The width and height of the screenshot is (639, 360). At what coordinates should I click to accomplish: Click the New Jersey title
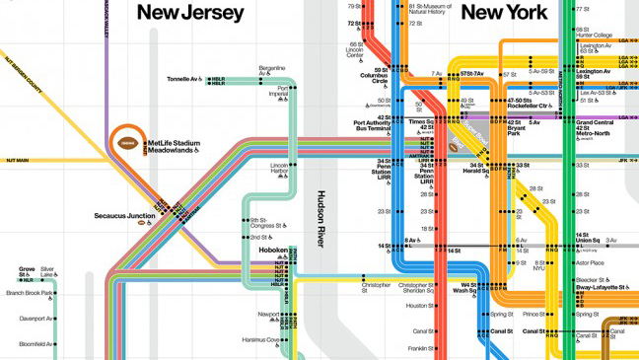pos(190,13)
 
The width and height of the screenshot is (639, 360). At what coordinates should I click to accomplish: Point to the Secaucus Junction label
pos(124,215)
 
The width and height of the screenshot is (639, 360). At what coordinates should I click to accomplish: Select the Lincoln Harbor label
pos(279,169)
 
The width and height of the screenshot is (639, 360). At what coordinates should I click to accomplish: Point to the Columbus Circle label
pos(374,77)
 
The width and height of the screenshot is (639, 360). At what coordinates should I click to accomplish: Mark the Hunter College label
pos(596,35)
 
